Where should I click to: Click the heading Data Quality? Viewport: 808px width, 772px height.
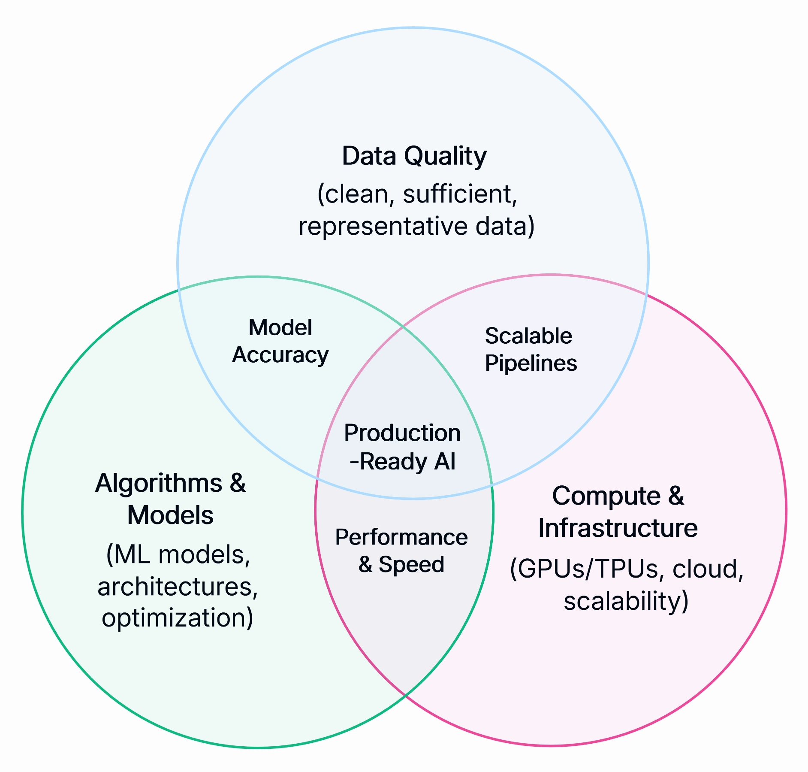[414, 156]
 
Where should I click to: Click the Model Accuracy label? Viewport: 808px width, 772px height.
[280, 341]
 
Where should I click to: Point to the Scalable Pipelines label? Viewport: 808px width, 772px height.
[531, 349]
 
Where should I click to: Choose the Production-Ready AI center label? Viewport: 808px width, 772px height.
[402, 447]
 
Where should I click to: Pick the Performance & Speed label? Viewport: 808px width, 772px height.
[401, 551]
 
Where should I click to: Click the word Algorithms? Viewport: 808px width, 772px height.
[158, 483]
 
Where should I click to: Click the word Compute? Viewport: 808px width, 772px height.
[606, 496]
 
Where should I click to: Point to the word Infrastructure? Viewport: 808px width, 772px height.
[618, 528]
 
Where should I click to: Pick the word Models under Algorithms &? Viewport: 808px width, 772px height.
[170, 515]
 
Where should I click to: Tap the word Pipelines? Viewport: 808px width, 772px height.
[531, 363]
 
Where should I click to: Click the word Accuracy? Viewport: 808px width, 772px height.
[280, 355]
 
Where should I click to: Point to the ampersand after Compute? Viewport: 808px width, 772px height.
[676, 496]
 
